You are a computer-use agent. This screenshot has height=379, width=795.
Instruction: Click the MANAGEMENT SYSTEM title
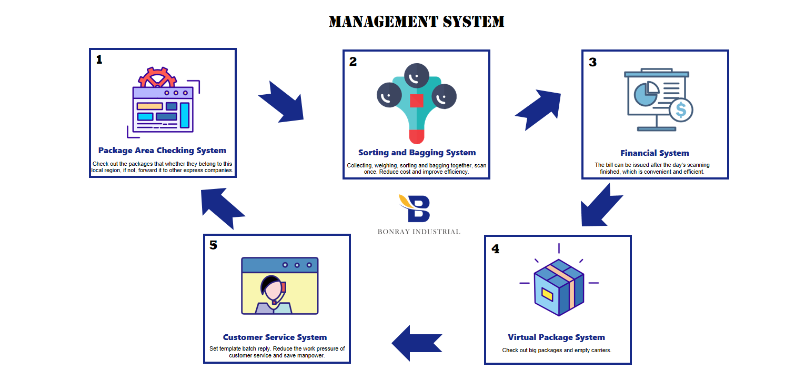click(416, 21)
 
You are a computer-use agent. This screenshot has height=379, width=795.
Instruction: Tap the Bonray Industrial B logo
click(415, 208)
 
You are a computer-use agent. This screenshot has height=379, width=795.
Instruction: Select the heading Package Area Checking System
click(162, 151)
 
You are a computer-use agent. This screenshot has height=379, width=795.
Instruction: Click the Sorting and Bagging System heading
click(417, 153)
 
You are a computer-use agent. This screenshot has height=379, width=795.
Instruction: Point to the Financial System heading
click(655, 153)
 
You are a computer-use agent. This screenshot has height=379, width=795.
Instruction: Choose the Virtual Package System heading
click(557, 337)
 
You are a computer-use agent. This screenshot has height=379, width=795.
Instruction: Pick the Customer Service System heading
click(275, 337)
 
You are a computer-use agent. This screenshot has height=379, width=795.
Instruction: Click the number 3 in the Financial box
click(593, 62)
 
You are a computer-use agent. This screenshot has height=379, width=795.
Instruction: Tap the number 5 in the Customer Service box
click(213, 245)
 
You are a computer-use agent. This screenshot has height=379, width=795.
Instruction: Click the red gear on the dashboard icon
click(157, 77)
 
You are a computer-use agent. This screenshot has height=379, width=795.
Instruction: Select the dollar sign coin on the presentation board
click(681, 110)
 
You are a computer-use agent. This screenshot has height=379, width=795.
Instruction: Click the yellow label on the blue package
click(547, 294)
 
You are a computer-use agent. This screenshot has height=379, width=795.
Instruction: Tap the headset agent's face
click(274, 289)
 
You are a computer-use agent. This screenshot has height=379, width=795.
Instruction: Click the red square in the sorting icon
click(417, 101)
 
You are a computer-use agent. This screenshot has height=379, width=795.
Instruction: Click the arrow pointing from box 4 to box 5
click(417, 343)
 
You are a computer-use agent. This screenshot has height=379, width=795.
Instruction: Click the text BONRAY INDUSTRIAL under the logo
click(419, 232)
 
